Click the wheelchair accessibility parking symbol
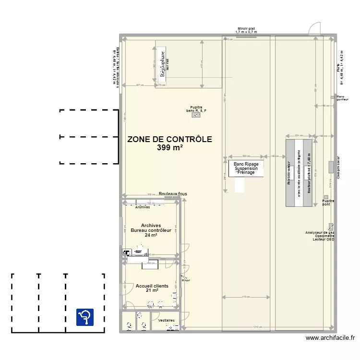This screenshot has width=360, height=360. [x=85, y=317]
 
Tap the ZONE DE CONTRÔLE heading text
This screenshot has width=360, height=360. [x=169, y=140]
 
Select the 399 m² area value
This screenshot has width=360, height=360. [x=169, y=148]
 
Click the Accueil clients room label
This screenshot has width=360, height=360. [x=152, y=286]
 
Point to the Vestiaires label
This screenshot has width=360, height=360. [x=166, y=320]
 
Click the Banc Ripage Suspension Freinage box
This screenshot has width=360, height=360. [x=246, y=168]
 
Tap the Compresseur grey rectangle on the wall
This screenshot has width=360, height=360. [x=331, y=167]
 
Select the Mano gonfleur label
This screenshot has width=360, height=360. [x=344, y=98]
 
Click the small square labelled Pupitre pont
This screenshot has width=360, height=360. [x=326, y=197]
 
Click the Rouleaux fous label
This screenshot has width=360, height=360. [x=173, y=194]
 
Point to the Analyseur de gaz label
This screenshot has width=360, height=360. [x=319, y=233]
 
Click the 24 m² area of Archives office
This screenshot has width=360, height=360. [x=151, y=235]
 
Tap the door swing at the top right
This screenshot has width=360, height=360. [x=314, y=29]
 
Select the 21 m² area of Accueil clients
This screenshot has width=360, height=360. [x=152, y=291]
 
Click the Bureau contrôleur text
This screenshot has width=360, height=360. [x=151, y=230]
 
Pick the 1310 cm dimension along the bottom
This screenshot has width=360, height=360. [x=258, y=327]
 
